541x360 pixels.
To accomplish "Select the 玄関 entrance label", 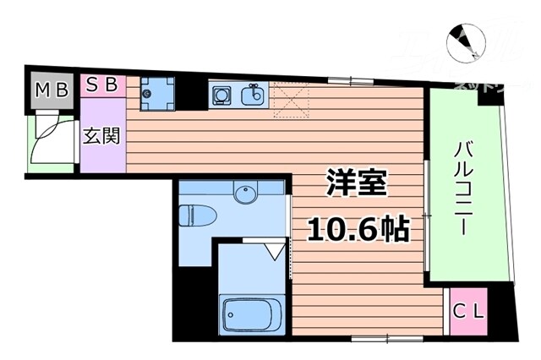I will tap(101, 135).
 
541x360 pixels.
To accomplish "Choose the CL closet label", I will tap(469, 310).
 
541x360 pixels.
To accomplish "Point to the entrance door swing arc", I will tap(47, 139).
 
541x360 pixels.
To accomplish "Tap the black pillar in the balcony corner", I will tap(488, 96).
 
